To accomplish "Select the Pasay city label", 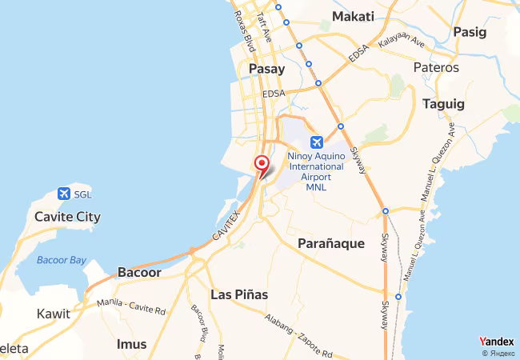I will click(267, 70).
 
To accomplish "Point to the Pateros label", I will click(436, 68).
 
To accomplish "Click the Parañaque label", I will click(331, 243).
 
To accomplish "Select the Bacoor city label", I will click(139, 272).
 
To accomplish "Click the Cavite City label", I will click(67, 217).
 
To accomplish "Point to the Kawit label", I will click(54, 314).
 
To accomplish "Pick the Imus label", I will click(132, 344).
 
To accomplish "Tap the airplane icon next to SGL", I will click(63, 194).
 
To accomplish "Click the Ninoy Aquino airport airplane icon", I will click(316, 142).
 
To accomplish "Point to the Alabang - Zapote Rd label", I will click(298, 334).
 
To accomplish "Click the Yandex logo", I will click(496, 341).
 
